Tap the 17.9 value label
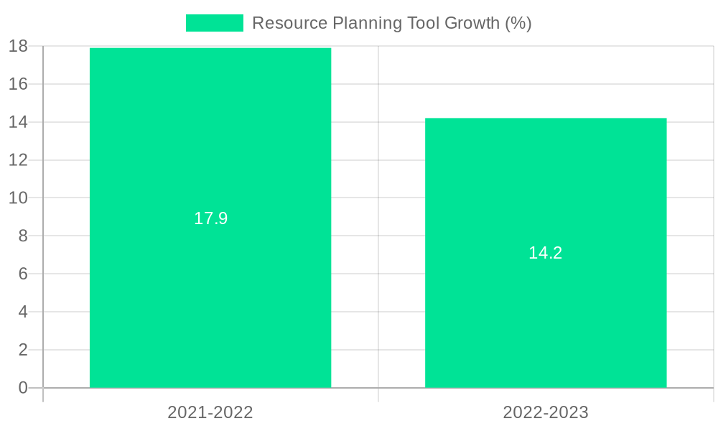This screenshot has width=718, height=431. tap(210, 218)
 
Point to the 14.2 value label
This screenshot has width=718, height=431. tap(546, 253)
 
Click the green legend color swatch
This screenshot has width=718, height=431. tap(214, 23)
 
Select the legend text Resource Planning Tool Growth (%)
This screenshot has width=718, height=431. tap(391, 23)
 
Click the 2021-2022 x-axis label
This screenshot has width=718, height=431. tap(210, 412)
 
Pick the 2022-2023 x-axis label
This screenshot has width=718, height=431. tap(546, 412)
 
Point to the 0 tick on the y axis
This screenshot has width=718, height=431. tap(23, 388)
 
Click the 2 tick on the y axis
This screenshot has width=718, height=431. tap(23, 350)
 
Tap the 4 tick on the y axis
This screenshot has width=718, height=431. tap(23, 312)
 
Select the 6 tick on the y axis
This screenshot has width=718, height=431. tap(23, 274)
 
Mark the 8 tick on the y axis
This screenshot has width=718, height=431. tap(23, 236)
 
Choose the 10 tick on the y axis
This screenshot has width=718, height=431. tap(19, 198)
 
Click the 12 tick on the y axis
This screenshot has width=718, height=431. tap(19, 160)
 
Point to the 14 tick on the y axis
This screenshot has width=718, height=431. tap(19, 122)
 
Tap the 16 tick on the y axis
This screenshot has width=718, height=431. tap(19, 84)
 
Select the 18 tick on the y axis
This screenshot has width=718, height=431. tap(19, 46)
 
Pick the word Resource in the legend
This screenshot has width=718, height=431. tap(289, 23)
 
